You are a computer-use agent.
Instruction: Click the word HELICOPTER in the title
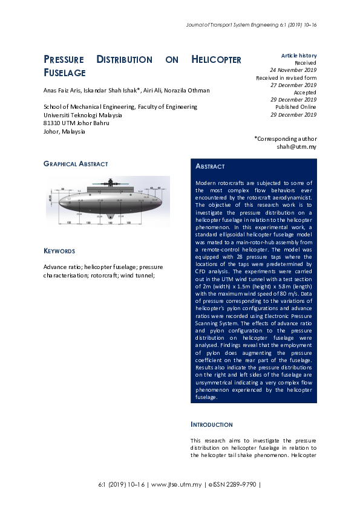pos(216,60)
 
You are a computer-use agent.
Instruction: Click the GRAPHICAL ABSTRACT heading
pos(76,164)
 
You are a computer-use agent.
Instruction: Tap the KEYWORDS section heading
pos(59,250)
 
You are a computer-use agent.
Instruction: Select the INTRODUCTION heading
pos(211,424)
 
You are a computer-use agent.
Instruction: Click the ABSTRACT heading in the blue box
pos(210,166)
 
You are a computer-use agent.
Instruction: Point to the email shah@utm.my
pos(296,146)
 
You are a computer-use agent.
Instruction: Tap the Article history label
pos(299,56)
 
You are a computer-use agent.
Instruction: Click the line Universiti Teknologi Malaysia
pos(82,115)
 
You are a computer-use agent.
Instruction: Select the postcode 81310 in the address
pos(53,123)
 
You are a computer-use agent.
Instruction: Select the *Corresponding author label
pos(285,138)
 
